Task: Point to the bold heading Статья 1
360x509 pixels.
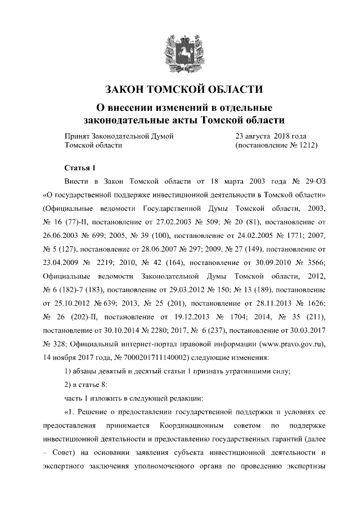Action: pos(81,168)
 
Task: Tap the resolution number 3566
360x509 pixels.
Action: pos(316,262)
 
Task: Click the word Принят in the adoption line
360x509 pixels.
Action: pos(78,136)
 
